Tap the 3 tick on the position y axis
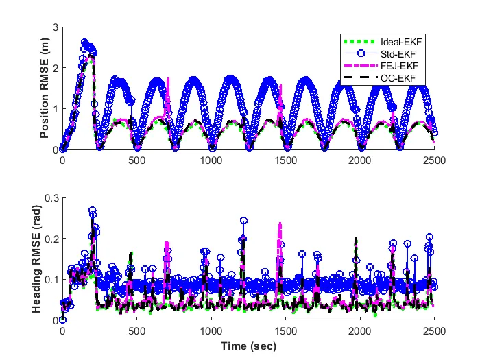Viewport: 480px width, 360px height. [55, 27]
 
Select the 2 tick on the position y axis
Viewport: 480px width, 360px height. [55, 68]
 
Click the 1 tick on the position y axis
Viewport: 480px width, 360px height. [55, 108]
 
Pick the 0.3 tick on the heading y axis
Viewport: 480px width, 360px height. [51, 197]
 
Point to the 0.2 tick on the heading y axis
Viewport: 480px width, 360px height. [51, 239]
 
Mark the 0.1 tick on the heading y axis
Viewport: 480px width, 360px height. [51, 279]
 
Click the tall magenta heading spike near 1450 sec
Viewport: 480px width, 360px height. [280, 225]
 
